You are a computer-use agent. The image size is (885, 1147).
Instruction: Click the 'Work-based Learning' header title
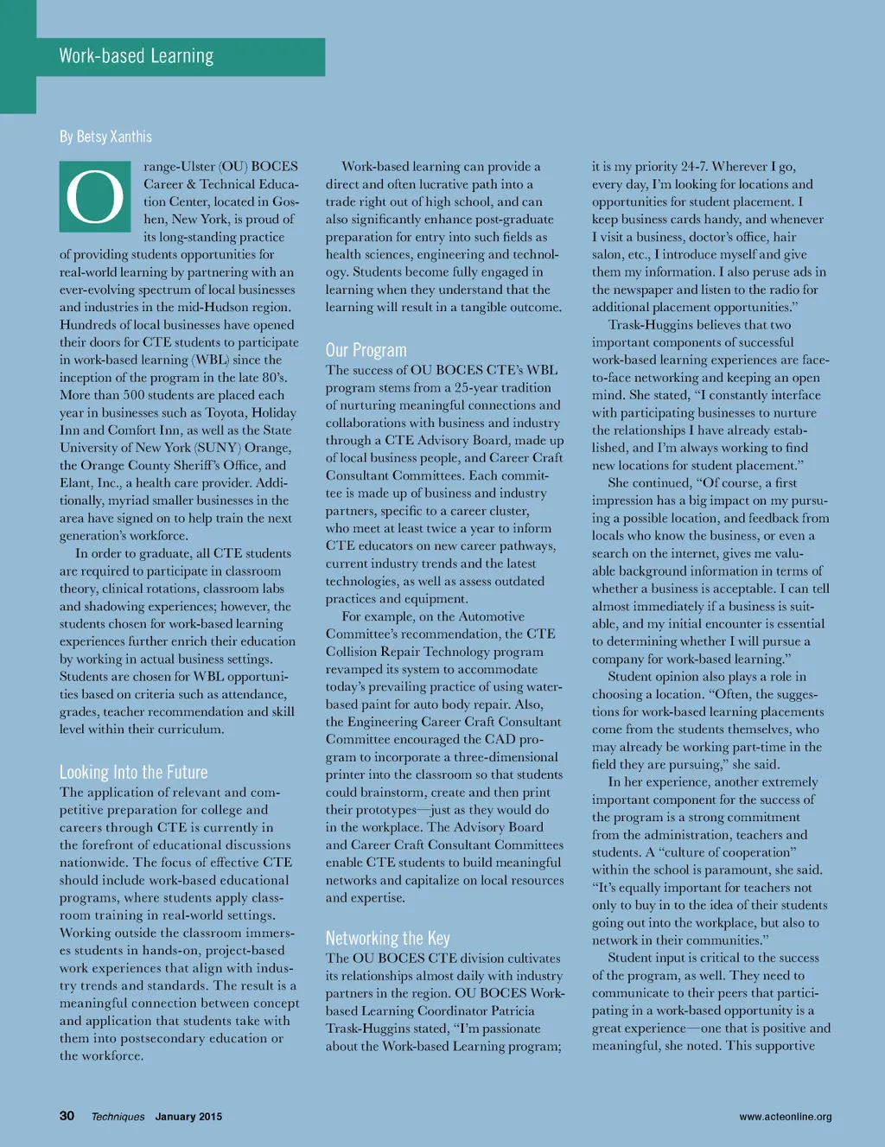point(137,56)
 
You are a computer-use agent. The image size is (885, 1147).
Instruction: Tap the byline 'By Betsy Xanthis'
point(105,137)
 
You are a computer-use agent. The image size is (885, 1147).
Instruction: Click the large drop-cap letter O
point(94,197)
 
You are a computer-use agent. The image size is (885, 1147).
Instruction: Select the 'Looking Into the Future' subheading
point(133,772)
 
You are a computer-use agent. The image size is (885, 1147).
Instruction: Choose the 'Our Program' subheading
point(366,350)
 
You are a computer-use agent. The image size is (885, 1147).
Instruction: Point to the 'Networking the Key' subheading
point(387,938)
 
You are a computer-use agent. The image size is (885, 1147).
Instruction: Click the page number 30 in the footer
point(67,1116)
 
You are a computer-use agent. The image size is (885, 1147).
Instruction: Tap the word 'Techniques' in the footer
point(118,1117)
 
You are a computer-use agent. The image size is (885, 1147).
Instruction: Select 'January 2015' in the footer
point(188,1117)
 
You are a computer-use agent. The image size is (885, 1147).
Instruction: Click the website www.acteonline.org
point(785,1117)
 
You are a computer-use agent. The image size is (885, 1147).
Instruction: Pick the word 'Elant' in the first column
point(77,483)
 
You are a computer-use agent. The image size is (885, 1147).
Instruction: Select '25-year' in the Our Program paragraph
point(477,387)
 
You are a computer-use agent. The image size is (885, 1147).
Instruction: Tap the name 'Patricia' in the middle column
point(508,1010)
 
